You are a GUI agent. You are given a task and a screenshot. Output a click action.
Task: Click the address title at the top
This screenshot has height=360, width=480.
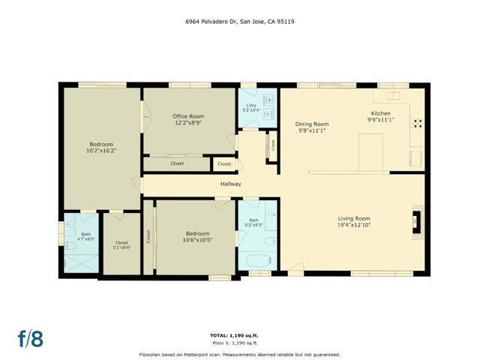coord(239,22)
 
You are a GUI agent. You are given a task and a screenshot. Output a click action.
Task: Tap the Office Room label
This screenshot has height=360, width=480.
coord(188,120)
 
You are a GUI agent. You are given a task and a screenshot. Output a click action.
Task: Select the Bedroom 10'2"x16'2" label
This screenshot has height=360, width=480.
coord(102,147)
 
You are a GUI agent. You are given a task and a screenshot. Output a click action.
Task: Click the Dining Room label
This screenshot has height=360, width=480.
coord(311,127)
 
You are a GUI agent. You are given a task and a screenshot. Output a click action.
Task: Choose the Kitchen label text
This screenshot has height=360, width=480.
coord(380,115)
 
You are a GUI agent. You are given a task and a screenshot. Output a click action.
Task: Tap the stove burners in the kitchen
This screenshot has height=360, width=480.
coord(418,123)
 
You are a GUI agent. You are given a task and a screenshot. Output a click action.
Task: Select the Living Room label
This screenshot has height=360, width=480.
coord(353,221)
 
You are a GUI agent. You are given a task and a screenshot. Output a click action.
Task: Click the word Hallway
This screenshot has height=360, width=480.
coord(230,184)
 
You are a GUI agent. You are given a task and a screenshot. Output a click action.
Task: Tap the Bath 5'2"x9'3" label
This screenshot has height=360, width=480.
coord(253,222)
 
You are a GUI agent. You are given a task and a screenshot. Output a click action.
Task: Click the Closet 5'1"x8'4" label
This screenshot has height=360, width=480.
coord(121,244)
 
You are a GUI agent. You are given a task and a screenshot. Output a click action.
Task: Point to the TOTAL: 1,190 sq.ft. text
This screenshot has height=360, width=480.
coord(239,334)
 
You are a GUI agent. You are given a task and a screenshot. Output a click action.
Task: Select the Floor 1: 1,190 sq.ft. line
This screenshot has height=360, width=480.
coord(239,341)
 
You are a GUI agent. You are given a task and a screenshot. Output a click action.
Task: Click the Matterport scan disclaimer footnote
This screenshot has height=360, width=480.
coord(239,354)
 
